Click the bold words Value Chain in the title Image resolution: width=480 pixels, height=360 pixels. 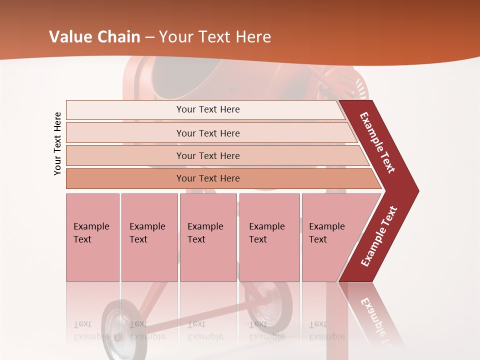click(x=95, y=37)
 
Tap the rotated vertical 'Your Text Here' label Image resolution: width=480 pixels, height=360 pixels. click(x=57, y=143)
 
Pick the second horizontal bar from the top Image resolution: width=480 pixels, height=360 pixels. click(x=208, y=133)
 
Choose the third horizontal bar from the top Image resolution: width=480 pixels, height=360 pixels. click(x=208, y=155)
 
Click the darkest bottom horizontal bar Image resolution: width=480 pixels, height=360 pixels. click(x=208, y=178)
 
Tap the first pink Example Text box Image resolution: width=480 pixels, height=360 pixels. click(x=92, y=237)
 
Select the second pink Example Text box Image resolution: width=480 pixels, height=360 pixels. click(x=149, y=237)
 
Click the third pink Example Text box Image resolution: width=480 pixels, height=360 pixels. click(x=208, y=237)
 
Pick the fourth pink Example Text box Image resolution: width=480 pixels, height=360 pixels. click(x=269, y=237)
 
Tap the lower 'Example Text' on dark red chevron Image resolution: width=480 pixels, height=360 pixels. click(x=379, y=236)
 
